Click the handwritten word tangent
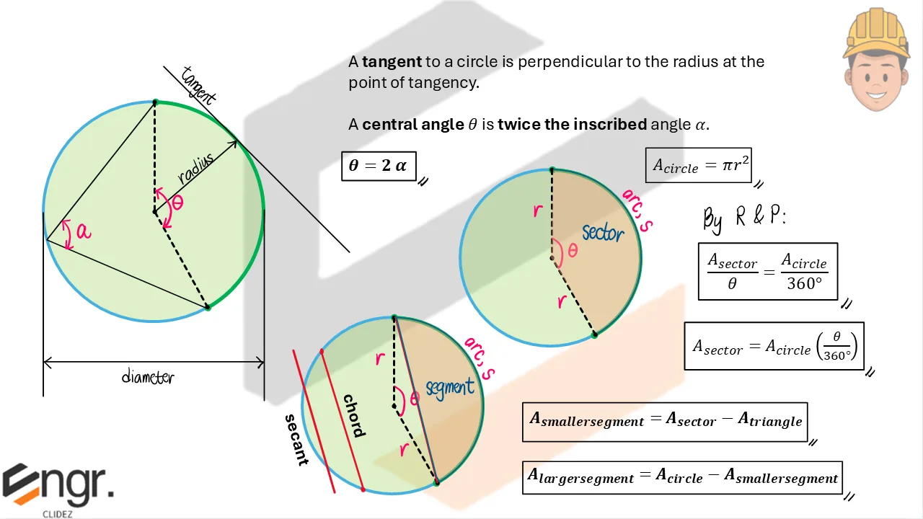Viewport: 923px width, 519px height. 198,85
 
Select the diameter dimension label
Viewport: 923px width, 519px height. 148,376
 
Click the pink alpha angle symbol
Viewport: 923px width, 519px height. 84,231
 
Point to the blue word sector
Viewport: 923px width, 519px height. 603,232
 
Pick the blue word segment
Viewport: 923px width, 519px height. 450,388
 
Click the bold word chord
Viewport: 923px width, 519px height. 354,416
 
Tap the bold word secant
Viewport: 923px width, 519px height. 296,440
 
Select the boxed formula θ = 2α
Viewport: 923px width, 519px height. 379,166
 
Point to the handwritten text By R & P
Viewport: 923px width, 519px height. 743,217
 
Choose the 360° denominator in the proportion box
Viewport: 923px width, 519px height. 804,284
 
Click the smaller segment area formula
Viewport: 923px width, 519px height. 665,421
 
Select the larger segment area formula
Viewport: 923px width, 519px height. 682,477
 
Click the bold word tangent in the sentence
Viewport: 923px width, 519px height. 392,62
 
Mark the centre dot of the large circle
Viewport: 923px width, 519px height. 154,212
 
